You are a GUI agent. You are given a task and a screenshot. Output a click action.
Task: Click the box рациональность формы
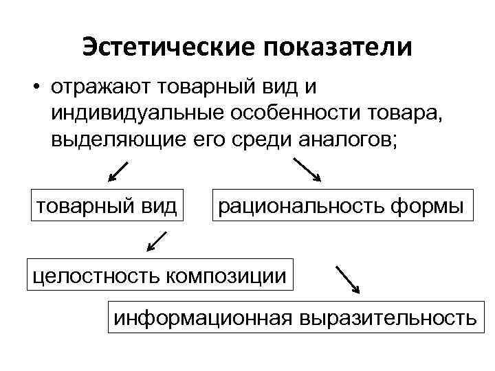(341, 204)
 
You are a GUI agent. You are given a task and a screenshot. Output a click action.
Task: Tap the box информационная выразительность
(294, 318)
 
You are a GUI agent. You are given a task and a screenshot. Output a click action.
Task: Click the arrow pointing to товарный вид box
(118, 172)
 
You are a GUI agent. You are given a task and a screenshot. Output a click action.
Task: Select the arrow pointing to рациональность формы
(307, 170)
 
